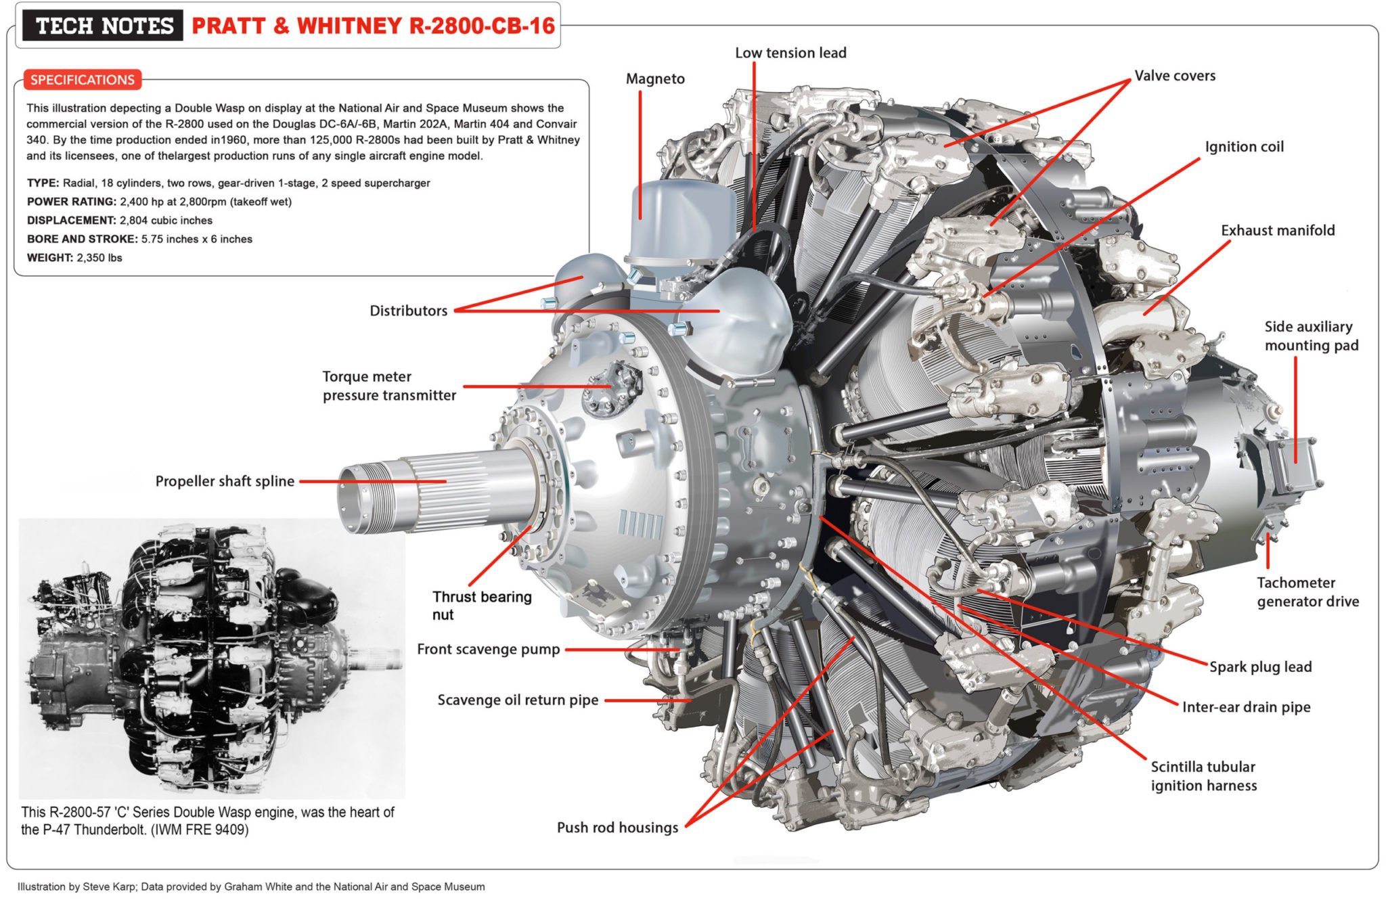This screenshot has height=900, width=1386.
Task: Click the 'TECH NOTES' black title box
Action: click(103, 26)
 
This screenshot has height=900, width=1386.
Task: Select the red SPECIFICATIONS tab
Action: click(82, 80)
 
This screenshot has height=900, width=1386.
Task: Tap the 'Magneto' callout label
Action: click(654, 78)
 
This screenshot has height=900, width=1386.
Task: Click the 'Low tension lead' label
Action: click(790, 53)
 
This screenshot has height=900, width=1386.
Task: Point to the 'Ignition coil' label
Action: click(1243, 147)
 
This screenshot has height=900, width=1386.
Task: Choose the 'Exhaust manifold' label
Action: click(1277, 230)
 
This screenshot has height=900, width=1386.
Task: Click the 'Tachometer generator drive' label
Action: click(1307, 592)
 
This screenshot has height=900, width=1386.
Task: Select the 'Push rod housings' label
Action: click(617, 828)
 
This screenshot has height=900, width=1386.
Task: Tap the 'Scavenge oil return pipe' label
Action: click(517, 700)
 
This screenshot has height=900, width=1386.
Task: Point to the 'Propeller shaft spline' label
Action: click(225, 481)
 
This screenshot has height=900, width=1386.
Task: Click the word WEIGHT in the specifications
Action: click(49, 258)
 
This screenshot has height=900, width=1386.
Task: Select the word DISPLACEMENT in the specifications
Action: click(71, 221)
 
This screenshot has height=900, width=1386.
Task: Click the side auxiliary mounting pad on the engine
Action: click(1289, 467)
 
